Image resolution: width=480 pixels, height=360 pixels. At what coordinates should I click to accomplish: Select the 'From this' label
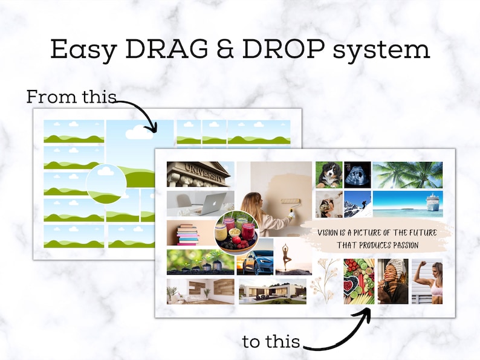coord(71,97)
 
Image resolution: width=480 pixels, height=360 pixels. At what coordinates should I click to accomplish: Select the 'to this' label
coord(271,341)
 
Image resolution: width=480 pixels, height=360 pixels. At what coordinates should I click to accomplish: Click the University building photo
coord(200,174)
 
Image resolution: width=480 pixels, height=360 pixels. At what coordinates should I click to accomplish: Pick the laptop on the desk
coord(209,204)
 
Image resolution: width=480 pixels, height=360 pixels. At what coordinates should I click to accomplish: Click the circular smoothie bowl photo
coord(236,233)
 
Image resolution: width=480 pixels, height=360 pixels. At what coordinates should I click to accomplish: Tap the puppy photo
coord(329,175)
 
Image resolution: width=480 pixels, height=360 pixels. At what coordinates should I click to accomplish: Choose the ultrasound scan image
coord(357,175)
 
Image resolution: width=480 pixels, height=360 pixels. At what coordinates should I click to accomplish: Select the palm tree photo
coord(407,175)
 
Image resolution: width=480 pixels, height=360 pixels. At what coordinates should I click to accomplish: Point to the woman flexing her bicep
coord(427,281)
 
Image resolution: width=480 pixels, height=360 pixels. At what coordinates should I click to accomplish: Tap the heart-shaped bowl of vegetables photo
coord(359,281)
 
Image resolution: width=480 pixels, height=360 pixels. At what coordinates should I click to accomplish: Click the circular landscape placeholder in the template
coord(106,184)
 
